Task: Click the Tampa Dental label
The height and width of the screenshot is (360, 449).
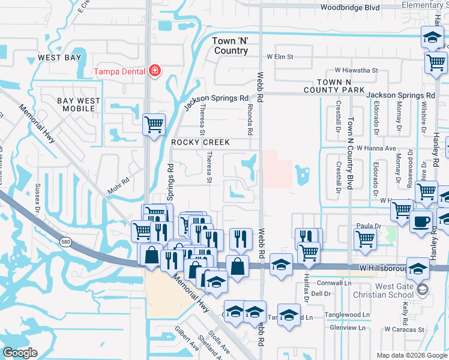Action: (119, 71)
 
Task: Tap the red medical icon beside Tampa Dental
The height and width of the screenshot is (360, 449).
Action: (155, 71)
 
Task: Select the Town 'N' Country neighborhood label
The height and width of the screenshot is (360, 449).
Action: (231, 46)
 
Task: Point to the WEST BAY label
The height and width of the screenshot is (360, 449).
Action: (59, 58)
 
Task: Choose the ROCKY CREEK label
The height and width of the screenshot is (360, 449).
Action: (200, 142)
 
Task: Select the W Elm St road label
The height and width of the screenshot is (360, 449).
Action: (280, 57)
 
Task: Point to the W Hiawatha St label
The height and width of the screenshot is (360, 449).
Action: (357, 70)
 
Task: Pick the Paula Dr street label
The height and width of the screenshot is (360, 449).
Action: (369, 226)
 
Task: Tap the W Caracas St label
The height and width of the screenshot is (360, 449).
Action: (405, 329)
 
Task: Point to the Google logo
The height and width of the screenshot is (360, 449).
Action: (20, 353)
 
